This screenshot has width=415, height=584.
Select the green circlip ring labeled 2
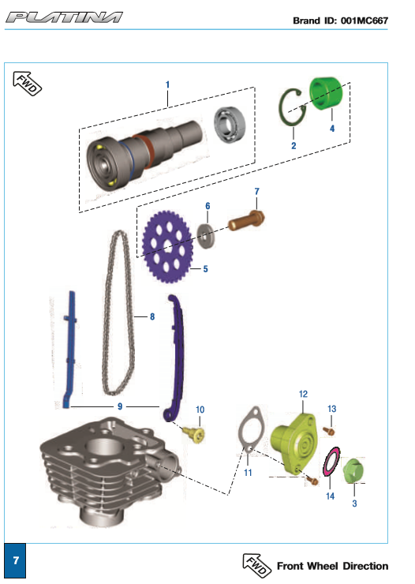(x=282, y=108)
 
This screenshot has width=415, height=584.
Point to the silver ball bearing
(x=230, y=125)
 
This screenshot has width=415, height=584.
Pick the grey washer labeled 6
(x=206, y=236)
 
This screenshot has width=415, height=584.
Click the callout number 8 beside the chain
(x=152, y=316)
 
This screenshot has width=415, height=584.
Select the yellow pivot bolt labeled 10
(x=195, y=434)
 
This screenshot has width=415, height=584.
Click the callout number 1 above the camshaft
(x=167, y=84)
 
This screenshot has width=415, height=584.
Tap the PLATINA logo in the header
(x=64, y=17)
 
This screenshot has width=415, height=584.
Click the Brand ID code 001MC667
(x=365, y=21)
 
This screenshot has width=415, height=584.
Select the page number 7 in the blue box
(x=15, y=560)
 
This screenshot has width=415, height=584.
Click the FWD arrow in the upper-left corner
(x=27, y=83)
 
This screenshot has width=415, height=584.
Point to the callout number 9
(x=120, y=406)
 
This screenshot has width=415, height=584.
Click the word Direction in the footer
(x=365, y=566)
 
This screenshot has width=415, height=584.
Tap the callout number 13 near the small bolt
(x=331, y=409)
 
